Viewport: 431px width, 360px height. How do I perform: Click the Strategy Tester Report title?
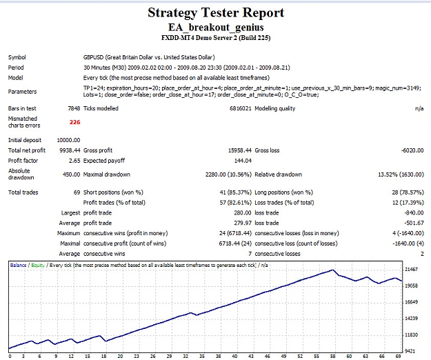[x=216, y=13]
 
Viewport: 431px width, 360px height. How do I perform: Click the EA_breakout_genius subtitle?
[x=216, y=27]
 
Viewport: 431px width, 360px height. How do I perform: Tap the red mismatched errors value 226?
[x=74, y=122]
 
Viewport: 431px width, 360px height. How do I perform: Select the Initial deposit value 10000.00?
[x=68, y=140]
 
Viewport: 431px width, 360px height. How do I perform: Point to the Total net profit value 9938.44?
[x=70, y=150]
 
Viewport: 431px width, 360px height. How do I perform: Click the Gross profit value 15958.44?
[x=240, y=150]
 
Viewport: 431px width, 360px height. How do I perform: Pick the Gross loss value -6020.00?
[x=412, y=150]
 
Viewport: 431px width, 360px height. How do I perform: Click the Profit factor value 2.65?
[x=74, y=161]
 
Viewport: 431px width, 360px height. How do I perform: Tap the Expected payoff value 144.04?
[x=243, y=161]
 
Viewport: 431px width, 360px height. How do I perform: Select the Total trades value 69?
[x=77, y=192]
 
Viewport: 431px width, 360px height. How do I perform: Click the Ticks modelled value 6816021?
[x=241, y=108]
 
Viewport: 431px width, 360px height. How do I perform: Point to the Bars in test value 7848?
[x=74, y=108]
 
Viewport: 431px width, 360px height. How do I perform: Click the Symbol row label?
[x=17, y=57]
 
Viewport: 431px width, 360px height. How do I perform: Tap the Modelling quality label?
[x=275, y=108]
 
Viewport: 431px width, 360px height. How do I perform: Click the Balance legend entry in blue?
[x=18, y=266]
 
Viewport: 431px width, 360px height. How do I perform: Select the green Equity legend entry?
[x=38, y=266]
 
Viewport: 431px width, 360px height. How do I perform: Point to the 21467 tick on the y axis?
[x=411, y=270]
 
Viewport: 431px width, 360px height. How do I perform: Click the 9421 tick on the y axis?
[x=411, y=351]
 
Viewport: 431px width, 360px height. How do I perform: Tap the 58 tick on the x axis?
[x=332, y=357]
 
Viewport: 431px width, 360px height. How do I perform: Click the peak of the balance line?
[x=332, y=270]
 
